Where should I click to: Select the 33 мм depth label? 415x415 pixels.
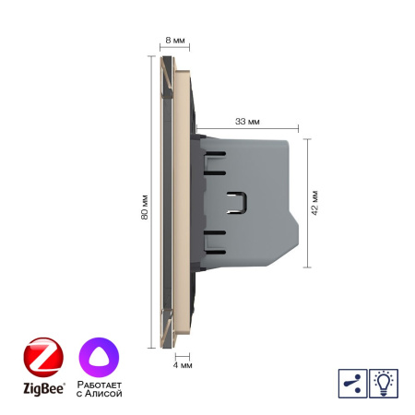tap(246, 121)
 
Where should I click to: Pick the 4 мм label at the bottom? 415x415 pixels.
tap(183, 365)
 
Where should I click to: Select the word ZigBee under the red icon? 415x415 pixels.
tap(41, 389)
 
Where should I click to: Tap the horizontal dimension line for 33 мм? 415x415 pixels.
tap(246, 130)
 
